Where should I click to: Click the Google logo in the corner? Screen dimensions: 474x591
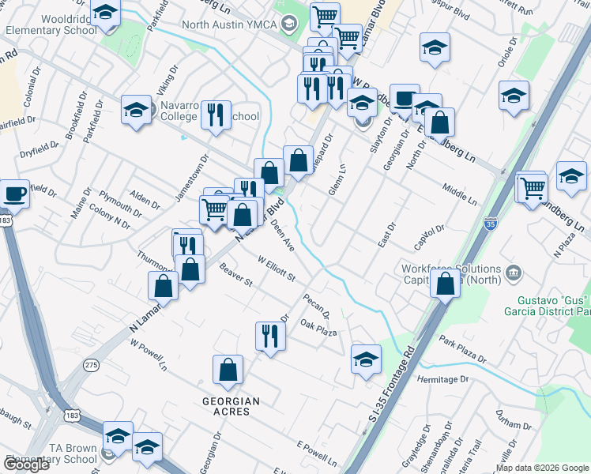(26, 465)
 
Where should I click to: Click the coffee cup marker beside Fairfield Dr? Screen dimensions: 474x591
(16, 194)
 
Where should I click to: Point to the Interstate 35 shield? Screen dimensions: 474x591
(491, 225)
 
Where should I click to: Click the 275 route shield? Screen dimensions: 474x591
(92, 364)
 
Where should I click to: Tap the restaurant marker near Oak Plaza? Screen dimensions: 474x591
(270, 337)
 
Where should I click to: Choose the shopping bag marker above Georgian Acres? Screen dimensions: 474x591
(228, 371)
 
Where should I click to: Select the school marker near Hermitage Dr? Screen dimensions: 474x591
(366, 360)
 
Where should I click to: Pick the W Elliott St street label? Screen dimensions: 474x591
(276, 268)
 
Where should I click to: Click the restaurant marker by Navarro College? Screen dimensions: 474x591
(215, 115)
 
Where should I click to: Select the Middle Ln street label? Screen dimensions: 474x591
(460, 195)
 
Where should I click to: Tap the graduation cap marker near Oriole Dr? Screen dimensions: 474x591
(514, 96)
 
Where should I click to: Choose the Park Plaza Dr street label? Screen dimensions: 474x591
(463, 350)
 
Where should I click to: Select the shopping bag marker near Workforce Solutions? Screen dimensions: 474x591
(446, 284)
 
